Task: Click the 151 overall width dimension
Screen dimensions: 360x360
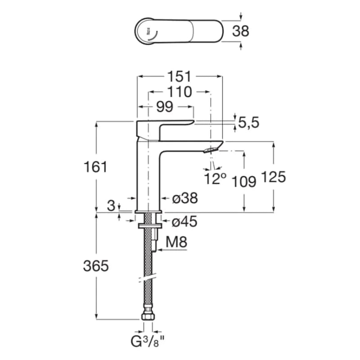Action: [179, 76]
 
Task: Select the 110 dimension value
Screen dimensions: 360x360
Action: [179, 92]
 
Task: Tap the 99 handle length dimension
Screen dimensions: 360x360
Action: [165, 107]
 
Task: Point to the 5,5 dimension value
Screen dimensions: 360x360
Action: [249, 122]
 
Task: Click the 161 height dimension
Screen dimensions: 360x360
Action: [95, 166]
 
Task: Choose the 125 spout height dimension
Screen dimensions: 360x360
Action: [274, 177]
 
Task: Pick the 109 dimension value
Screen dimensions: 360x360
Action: [244, 182]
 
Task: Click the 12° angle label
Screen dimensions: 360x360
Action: [215, 178]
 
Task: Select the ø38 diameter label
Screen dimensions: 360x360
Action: [185, 198]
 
